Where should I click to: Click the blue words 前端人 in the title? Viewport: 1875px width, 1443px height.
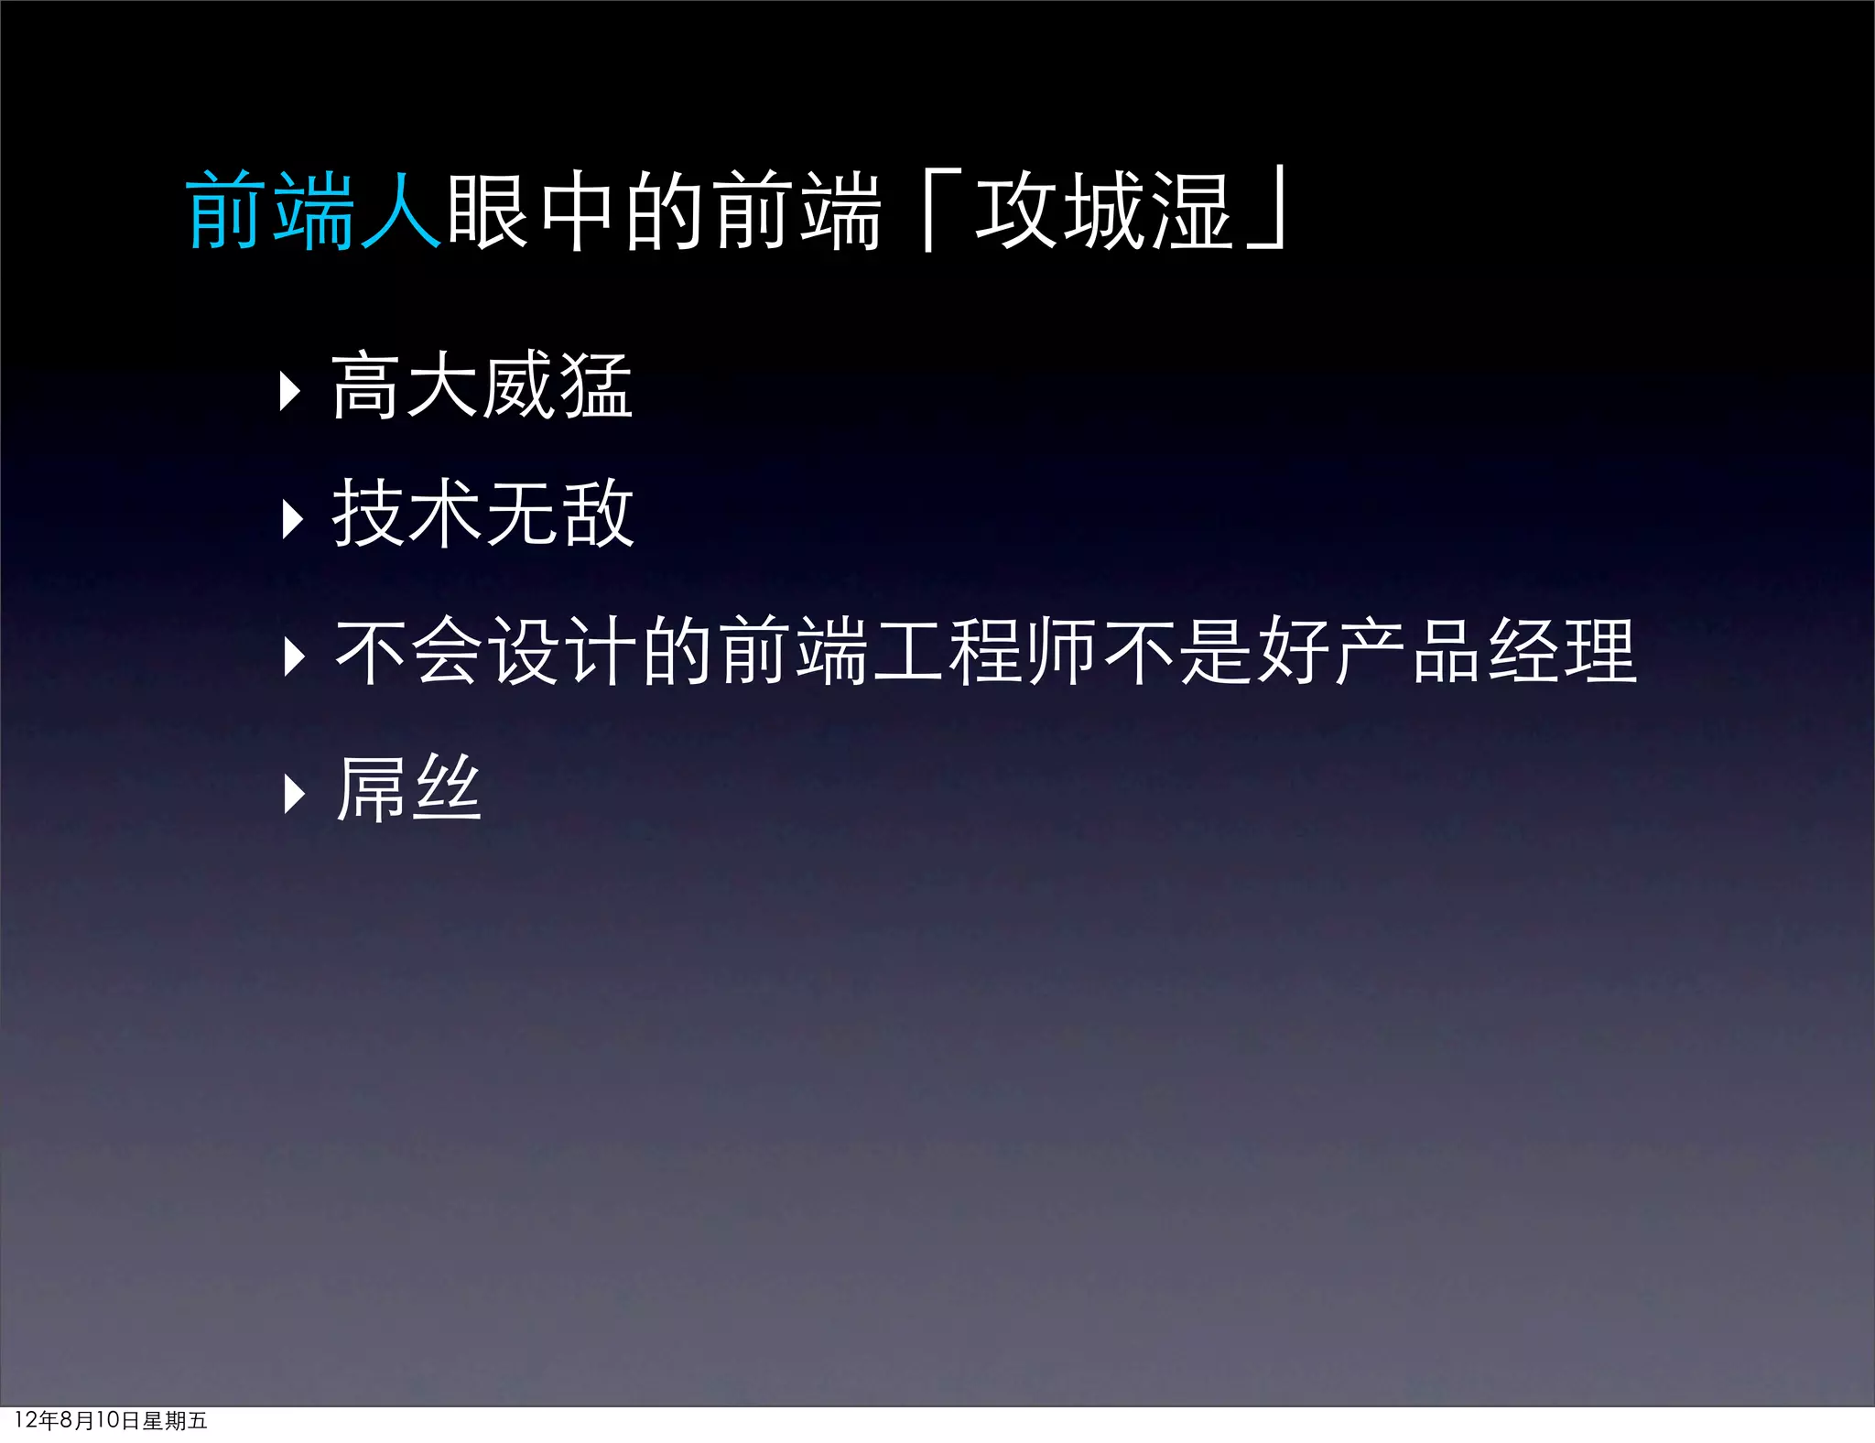[x=314, y=211]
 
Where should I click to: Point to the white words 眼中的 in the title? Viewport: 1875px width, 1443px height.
[x=578, y=211]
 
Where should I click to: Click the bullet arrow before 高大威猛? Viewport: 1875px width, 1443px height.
[x=290, y=391]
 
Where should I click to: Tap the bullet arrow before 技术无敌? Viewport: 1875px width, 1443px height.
[x=292, y=519]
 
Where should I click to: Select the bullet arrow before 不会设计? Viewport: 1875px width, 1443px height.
[x=294, y=656]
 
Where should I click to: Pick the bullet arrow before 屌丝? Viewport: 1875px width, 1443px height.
[x=294, y=794]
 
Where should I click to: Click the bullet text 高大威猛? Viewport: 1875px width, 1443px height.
[x=482, y=386]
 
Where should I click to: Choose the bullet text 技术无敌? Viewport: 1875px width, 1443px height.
[x=482, y=514]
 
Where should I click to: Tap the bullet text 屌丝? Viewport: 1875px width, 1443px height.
[x=408, y=788]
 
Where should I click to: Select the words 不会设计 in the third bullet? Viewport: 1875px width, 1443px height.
[x=485, y=651]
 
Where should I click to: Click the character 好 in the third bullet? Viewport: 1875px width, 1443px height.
[x=1293, y=651]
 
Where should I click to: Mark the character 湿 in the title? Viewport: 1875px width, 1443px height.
[x=1190, y=211]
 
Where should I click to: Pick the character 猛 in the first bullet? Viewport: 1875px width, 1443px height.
[x=596, y=386]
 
